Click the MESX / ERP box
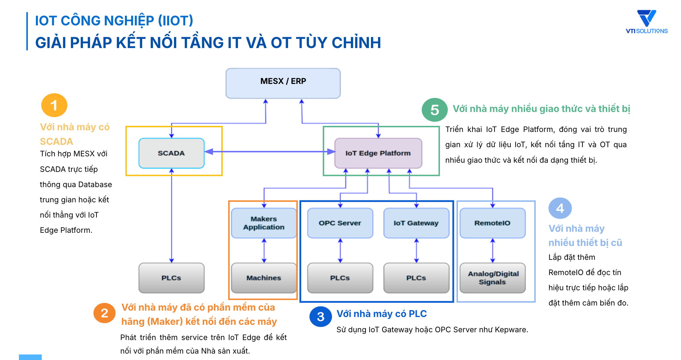(283, 83)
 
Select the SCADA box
(172, 153)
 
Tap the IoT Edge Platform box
(378, 153)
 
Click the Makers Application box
(264, 223)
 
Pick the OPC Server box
(340, 223)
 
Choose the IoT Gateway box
(416, 223)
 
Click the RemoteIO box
(492, 223)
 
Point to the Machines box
(264, 278)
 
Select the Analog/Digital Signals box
(492, 278)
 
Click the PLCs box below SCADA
(172, 278)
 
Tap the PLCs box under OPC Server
(340, 278)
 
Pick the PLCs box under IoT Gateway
(416, 278)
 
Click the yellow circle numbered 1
(54, 105)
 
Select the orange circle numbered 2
(105, 313)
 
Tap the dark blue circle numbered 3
(321, 317)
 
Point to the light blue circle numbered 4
(560, 208)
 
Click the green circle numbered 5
(435, 110)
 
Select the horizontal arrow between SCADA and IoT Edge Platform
(269, 152)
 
